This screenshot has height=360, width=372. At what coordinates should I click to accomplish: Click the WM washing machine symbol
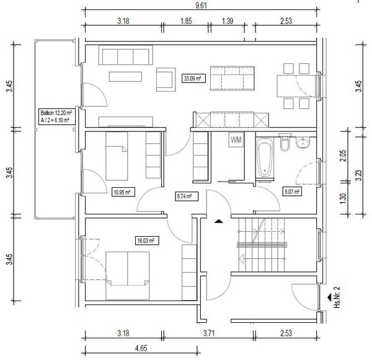click(x=236, y=139)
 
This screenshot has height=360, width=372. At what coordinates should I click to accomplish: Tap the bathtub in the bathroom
click(x=265, y=158)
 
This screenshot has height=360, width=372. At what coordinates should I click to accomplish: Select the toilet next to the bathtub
click(x=285, y=143)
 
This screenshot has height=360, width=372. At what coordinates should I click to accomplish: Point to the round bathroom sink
click(x=303, y=143)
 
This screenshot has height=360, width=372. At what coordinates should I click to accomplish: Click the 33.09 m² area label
click(x=193, y=78)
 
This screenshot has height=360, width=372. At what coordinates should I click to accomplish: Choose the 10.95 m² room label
click(x=123, y=192)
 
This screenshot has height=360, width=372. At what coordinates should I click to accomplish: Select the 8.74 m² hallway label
click(x=187, y=196)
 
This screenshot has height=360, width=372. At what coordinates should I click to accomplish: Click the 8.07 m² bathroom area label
click(x=292, y=191)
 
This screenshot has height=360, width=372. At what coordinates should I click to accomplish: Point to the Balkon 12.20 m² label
click(x=56, y=112)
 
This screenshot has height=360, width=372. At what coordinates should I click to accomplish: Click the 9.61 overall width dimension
click(x=201, y=5)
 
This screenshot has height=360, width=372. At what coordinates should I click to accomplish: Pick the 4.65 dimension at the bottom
click(x=141, y=348)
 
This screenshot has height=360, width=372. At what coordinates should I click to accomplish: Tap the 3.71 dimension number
click(x=209, y=333)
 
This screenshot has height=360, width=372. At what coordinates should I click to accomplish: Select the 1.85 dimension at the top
click(x=186, y=21)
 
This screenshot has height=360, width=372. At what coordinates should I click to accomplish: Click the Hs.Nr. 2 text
click(x=337, y=297)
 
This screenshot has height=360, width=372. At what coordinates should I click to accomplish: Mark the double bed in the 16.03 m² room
click(x=128, y=276)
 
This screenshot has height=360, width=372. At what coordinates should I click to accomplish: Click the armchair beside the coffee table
click(x=166, y=79)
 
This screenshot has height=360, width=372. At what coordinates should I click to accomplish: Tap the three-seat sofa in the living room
click(x=125, y=55)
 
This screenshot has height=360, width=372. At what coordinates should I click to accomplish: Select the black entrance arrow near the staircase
click(x=218, y=221)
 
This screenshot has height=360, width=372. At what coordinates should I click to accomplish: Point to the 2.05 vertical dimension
click(x=343, y=156)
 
